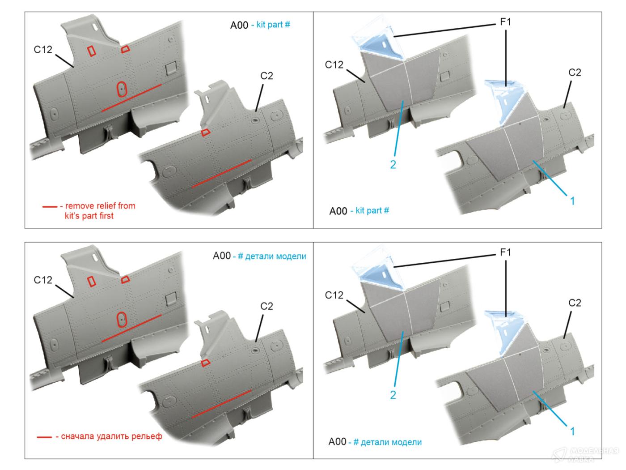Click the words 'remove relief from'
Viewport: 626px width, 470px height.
[x=100, y=206]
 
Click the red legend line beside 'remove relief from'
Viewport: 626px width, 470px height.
[x=50, y=207]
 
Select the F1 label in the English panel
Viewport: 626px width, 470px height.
[x=505, y=22]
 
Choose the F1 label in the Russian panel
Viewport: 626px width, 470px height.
[x=505, y=252]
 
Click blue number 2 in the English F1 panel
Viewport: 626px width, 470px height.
[x=393, y=165]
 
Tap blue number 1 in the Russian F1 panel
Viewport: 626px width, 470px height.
[x=572, y=431]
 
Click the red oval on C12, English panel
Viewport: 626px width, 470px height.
[x=121, y=90]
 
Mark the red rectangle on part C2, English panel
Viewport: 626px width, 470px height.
[x=205, y=132]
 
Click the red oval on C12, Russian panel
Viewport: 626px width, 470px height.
[x=120, y=320]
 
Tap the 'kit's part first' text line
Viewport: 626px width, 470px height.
[x=89, y=216]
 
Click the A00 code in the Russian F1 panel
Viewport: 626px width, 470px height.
[x=338, y=442]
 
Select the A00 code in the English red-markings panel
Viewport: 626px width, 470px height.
[x=239, y=25]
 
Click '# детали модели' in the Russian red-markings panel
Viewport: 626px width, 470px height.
[x=272, y=256]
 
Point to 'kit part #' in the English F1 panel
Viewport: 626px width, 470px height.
[x=372, y=210]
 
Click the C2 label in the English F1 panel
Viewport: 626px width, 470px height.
[x=575, y=73]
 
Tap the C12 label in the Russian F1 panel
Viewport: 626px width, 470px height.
[x=334, y=295]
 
